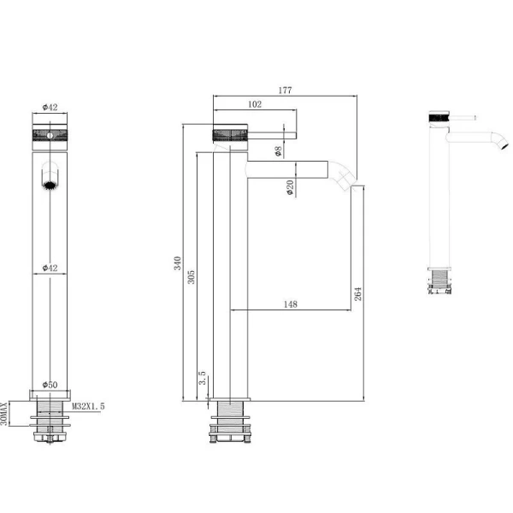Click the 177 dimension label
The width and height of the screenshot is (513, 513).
pos(285,90)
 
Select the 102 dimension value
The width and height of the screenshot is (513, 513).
pos(255,104)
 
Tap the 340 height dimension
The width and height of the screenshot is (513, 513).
pos(177,263)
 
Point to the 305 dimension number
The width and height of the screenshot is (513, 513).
pos(191,277)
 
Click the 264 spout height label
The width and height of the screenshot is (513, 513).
pos(358,294)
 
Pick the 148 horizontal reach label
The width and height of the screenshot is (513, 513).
pos(291,304)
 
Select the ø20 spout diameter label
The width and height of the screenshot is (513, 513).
pos(290,188)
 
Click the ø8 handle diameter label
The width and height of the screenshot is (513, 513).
pos(279,151)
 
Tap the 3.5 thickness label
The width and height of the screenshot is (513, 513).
pos(203,378)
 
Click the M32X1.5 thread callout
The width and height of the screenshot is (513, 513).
pos(88,406)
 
